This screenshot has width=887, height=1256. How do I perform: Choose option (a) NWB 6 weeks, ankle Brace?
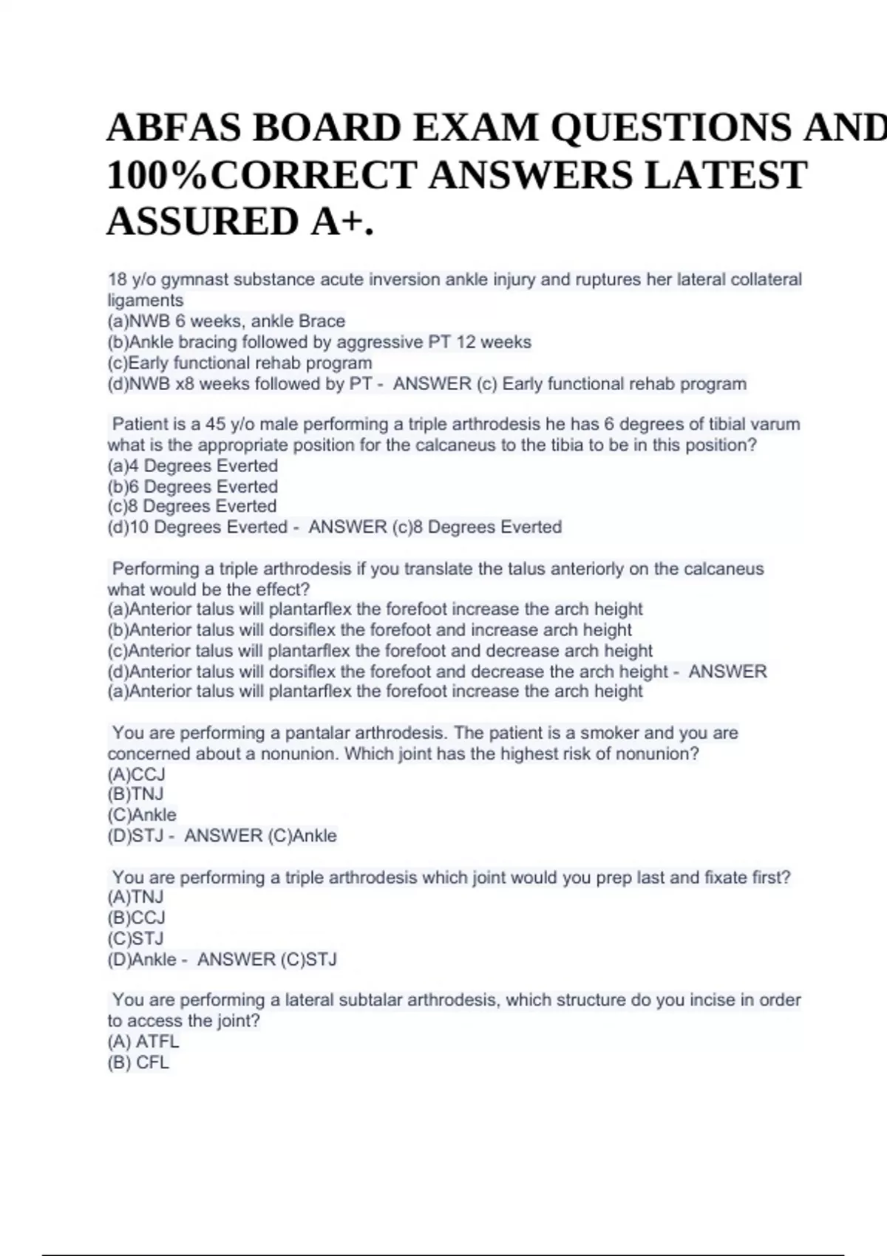click(x=226, y=321)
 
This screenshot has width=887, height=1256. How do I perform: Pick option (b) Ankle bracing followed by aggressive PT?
click(x=319, y=342)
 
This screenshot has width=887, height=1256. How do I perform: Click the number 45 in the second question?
click(x=215, y=424)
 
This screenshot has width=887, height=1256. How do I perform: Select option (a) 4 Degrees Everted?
click(x=193, y=466)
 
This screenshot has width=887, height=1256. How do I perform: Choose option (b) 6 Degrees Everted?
click(x=193, y=487)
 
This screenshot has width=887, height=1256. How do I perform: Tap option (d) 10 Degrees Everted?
click(x=197, y=528)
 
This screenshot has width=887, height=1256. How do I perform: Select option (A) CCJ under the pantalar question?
click(x=137, y=774)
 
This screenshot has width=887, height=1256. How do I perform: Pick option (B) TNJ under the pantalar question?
click(x=136, y=794)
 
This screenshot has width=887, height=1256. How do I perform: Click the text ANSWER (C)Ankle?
click(x=260, y=836)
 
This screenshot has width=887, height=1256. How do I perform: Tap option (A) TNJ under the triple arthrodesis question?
click(x=136, y=897)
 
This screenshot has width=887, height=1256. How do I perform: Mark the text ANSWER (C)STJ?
click(x=267, y=960)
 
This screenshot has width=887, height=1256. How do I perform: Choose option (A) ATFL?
click(x=143, y=1042)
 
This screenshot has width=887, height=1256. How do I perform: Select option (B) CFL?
click(x=139, y=1062)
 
